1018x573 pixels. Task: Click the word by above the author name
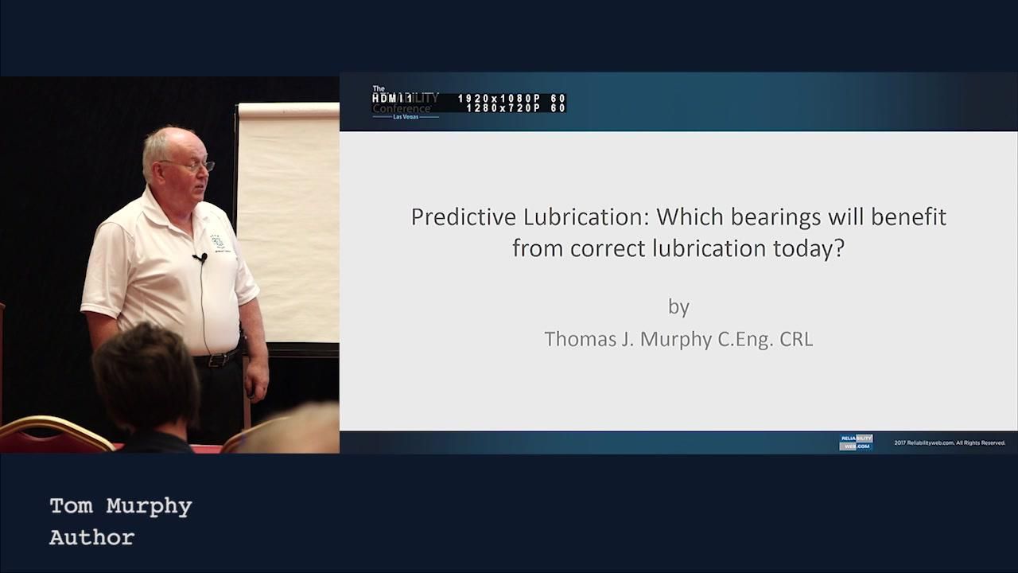pos(678,306)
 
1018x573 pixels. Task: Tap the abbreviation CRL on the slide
pos(795,339)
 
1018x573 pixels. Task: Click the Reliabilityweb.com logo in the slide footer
pos(856,442)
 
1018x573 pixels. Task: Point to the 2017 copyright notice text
pos(950,443)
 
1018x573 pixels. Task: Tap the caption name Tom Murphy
pos(121,506)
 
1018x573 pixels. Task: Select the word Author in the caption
pos(91,537)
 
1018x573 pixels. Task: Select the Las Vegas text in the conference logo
pos(406,117)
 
